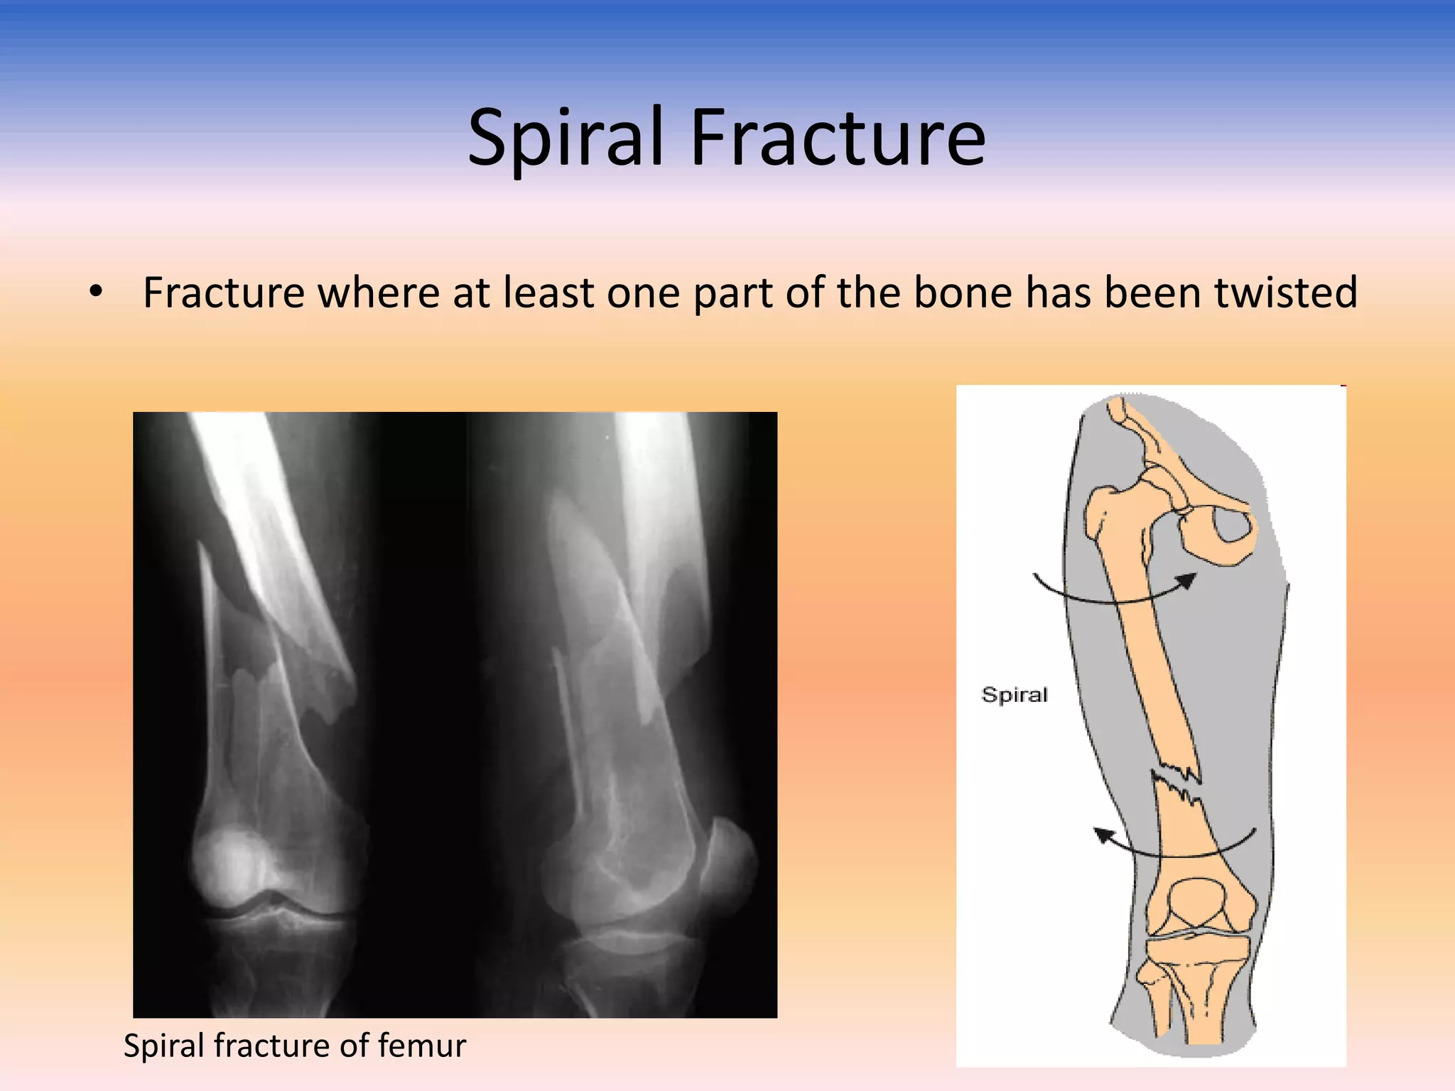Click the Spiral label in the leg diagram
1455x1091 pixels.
[x=1014, y=694]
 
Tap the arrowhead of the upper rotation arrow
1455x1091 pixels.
[x=1186, y=582]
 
